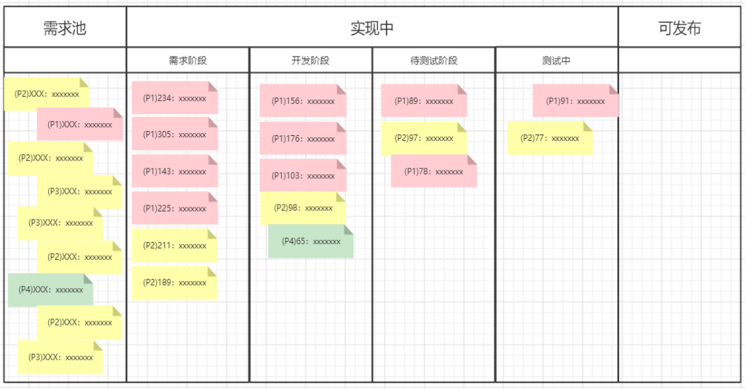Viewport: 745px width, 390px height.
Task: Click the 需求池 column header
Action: point(64,28)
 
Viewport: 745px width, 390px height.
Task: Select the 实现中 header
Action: point(372,28)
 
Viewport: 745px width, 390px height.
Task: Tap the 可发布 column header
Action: point(679,28)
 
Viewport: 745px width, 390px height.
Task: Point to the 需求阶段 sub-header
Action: point(187,60)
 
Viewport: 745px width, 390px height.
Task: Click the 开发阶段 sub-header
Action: point(311,60)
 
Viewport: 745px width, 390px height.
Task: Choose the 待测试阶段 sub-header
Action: point(434,60)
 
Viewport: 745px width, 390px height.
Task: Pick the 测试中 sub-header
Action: point(556,60)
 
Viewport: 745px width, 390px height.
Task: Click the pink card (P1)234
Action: point(175,98)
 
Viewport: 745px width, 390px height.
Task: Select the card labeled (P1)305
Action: point(175,134)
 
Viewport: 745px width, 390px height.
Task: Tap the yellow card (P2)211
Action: point(174,246)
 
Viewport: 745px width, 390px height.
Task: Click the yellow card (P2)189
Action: point(174,283)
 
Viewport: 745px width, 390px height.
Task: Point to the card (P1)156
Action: point(303,101)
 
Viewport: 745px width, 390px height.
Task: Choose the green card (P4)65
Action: point(311,241)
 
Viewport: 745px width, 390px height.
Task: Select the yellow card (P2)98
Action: point(303,208)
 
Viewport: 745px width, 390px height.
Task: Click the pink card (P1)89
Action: point(424,101)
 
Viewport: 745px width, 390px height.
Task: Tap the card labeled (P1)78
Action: point(434,171)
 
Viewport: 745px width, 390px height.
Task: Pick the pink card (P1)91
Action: point(575,101)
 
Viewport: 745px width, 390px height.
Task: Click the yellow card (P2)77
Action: point(550,139)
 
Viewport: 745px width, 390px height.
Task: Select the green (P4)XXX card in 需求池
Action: point(50,290)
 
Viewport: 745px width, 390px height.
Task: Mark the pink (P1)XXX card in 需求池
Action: point(80,124)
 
